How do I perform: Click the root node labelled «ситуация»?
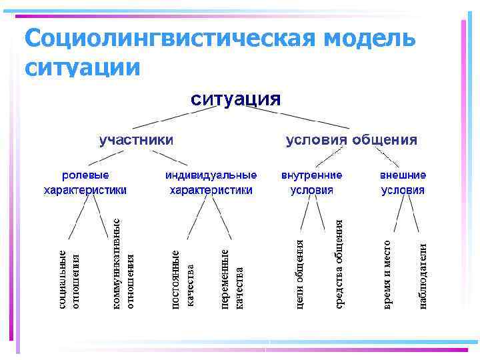click(236, 100)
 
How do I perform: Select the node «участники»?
click(137, 140)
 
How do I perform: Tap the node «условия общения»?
click(351, 140)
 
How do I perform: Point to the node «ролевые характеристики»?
click(85, 183)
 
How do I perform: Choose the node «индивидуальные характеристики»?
click(211, 183)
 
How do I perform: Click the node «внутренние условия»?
click(312, 183)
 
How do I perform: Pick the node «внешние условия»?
click(403, 183)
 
